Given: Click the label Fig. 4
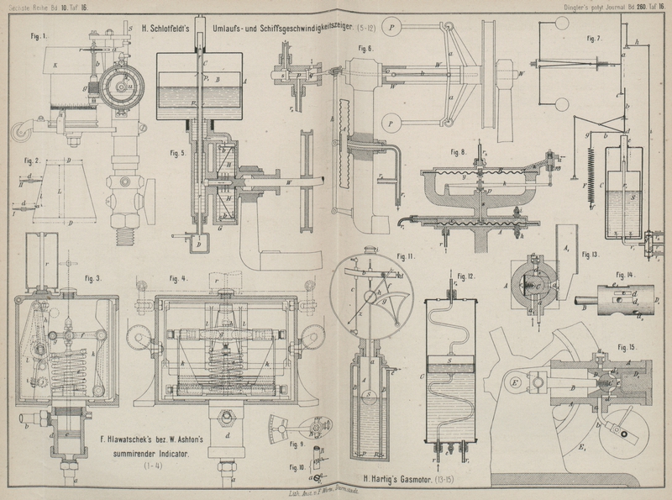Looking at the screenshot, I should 177,278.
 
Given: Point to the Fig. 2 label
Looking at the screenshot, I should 32,160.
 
